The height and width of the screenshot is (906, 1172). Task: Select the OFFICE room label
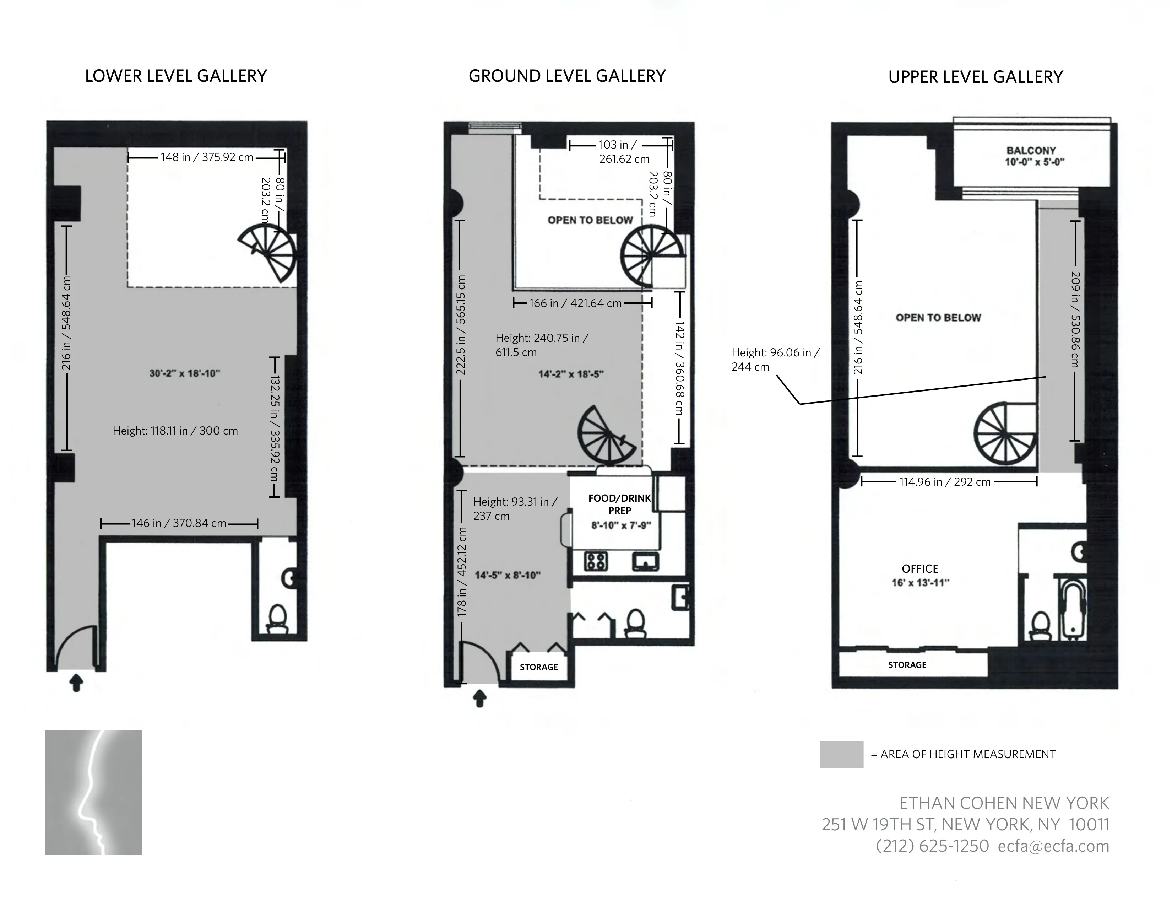(x=920, y=569)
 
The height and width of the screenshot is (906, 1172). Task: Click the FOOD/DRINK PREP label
(x=619, y=505)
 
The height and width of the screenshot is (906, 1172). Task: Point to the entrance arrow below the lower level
(x=77, y=683)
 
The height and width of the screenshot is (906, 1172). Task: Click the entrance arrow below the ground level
(x=480, y=698)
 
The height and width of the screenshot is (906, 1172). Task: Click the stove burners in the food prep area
(x=596, y=561)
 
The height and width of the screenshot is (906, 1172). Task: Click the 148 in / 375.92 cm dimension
(x=207, y=157)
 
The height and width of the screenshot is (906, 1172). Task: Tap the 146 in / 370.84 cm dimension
(x=179, y=523)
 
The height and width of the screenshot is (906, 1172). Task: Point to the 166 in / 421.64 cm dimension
(x=575, y=303)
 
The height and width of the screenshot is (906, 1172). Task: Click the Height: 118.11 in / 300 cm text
(x=175, y=431)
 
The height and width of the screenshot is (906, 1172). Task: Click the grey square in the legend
(x=841, y=754)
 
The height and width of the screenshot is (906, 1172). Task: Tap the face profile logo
(x=93, y=792)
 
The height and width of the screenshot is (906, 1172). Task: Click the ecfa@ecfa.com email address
(x=1053, y=846)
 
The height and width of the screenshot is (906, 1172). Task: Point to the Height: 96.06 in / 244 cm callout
(x=775, y=360)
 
